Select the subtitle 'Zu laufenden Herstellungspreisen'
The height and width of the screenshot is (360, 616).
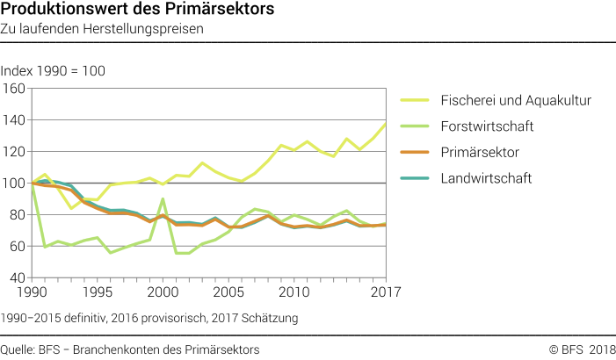(103, 29)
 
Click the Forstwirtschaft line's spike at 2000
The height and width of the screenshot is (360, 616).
(163, 199)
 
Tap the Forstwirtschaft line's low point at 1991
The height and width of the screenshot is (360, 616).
(44, 247)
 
